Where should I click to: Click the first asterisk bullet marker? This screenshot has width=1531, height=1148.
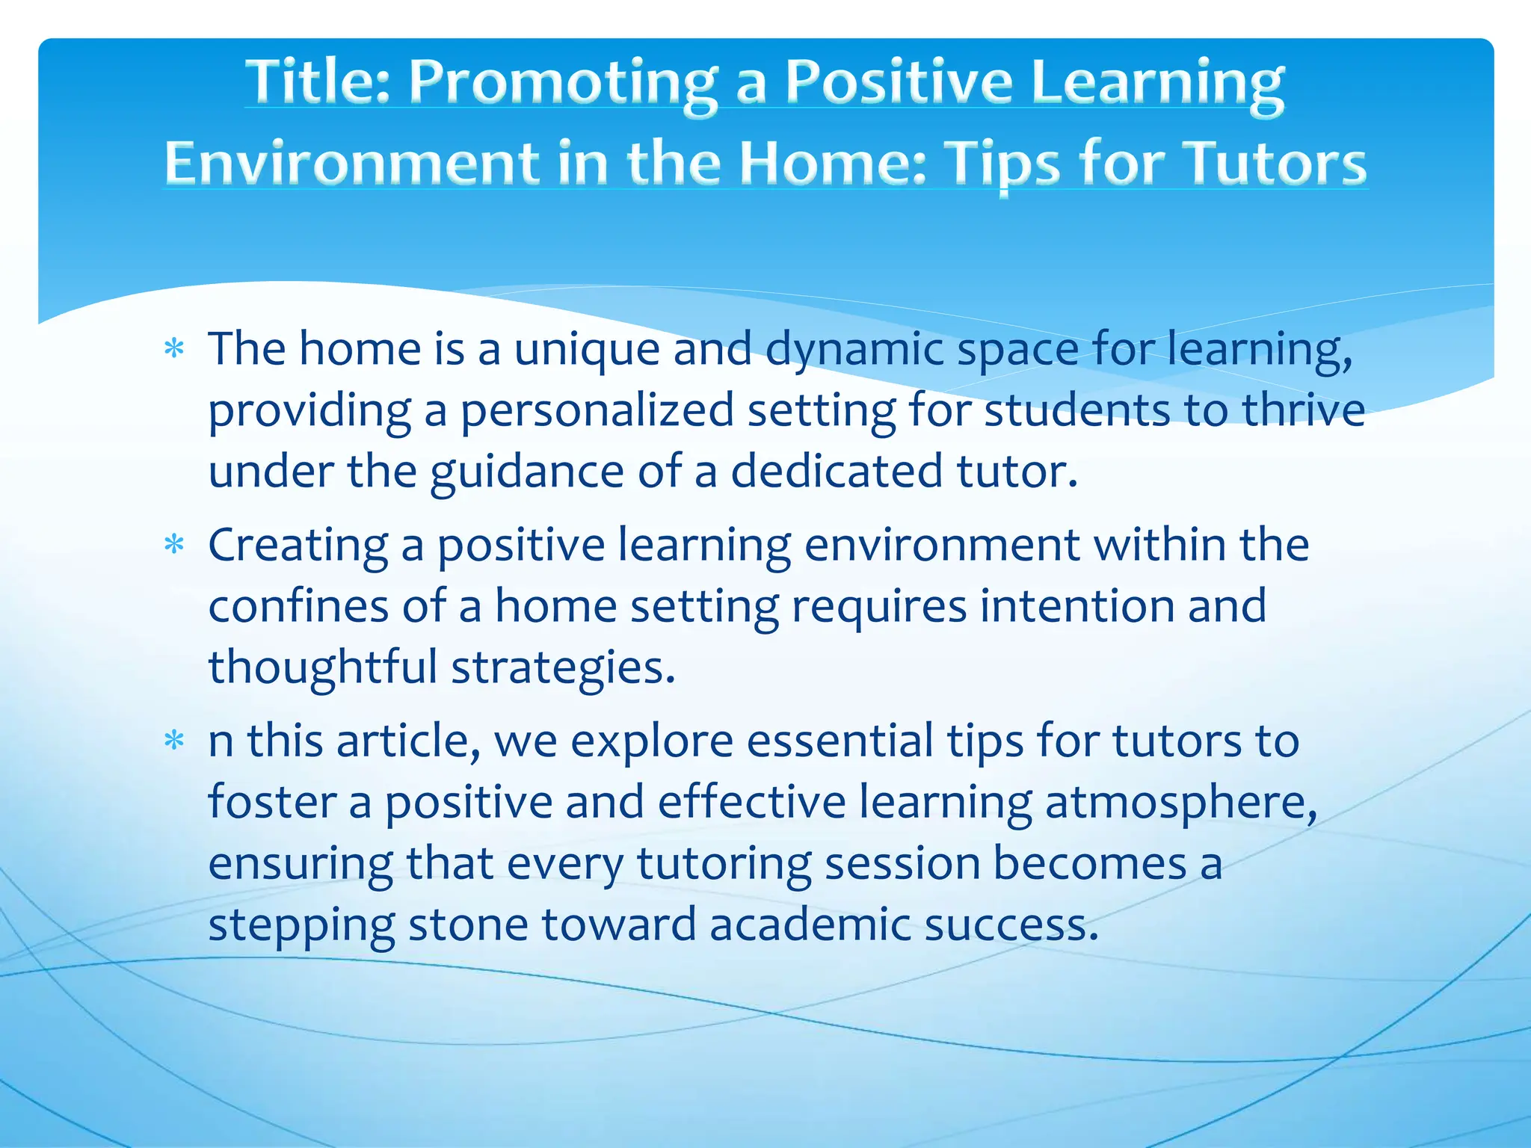pos(174,350)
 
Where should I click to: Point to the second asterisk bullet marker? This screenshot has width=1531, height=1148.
pos(174,546)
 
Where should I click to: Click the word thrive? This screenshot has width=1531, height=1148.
pos(1303,410)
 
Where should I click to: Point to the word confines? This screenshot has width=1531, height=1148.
pos(298,606)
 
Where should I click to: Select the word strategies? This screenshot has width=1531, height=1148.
pos(563,667)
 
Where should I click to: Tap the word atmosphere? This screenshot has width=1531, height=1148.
pos(1180,802)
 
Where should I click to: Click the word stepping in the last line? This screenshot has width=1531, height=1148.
pos(301,925)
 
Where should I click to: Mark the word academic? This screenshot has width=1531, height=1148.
pos(810,925)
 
